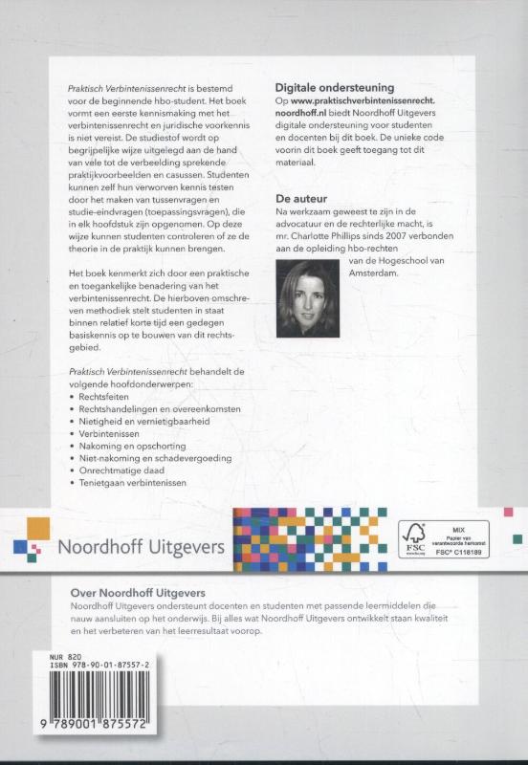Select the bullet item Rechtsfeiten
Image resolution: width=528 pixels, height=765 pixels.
click(x=103, y=396)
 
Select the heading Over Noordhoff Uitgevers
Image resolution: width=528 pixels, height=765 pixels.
click(x=138, y=593)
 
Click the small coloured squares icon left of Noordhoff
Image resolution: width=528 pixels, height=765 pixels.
click(x=30, y=541)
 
